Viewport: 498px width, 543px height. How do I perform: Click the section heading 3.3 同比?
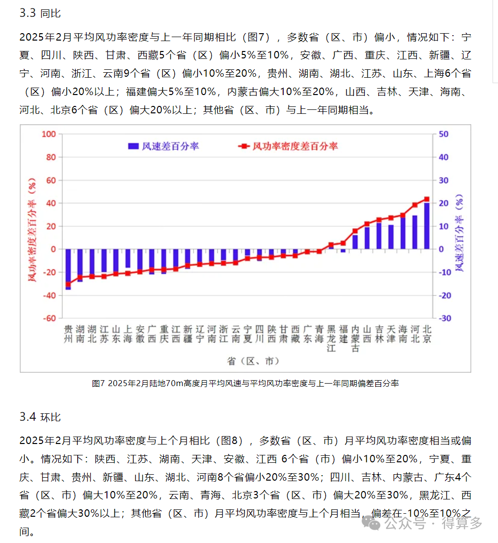(40, 13)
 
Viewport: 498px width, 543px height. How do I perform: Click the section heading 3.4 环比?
(40, 417)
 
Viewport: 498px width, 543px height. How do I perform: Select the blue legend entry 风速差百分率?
(163, 146)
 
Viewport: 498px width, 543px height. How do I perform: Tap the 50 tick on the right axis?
(444, 134)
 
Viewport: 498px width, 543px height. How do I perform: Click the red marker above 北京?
(427, 199)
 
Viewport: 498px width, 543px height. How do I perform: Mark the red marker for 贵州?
(68, 284)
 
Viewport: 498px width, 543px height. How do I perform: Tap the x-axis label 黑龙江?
(331, 338)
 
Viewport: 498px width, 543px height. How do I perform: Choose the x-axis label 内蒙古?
(355, 338)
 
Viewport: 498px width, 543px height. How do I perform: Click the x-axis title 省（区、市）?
(250, 361)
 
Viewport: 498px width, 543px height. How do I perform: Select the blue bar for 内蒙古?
(355, 242)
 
